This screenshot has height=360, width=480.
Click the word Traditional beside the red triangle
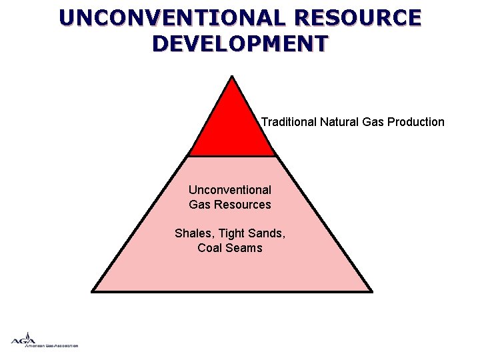click(288, 122)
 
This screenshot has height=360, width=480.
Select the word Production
click(417, 122)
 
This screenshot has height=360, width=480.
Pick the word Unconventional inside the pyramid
click(230, 190)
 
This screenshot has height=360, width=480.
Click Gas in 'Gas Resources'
click(199, 205)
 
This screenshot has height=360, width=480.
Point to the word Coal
click(210, 248)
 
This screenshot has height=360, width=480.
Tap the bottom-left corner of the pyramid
click(93, 291)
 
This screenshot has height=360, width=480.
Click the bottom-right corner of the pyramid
click(371, 291)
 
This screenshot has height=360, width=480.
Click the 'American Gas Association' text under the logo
click(51, 346)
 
